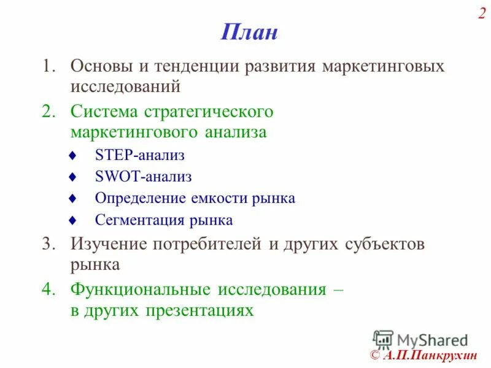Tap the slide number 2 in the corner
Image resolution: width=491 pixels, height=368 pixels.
coord(482,14)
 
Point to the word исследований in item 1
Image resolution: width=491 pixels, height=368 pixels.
coord(125,86)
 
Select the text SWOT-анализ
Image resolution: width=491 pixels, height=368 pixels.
coord(144,177)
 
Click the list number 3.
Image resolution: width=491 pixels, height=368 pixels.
coord(48,244)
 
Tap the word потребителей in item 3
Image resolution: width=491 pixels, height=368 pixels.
coord(211,244)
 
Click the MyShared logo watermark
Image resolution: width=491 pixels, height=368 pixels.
coord(420,339)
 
